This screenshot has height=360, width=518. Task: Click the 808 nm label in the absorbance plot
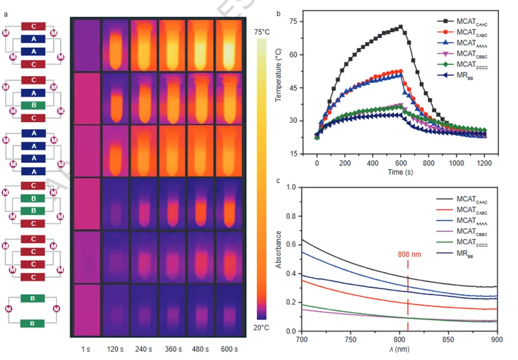coord(408,253)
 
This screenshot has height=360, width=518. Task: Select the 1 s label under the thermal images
coord(86,349)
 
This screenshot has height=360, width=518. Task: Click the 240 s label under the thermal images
coord(144,349)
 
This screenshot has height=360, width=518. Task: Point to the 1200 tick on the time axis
coord(486,162)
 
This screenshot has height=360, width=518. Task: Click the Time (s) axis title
coord(401,172)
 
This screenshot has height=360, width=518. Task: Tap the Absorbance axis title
coord(278,259)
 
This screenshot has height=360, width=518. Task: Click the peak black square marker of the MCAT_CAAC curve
coord(400,27)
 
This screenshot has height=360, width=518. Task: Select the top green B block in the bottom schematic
coord(33,297)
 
